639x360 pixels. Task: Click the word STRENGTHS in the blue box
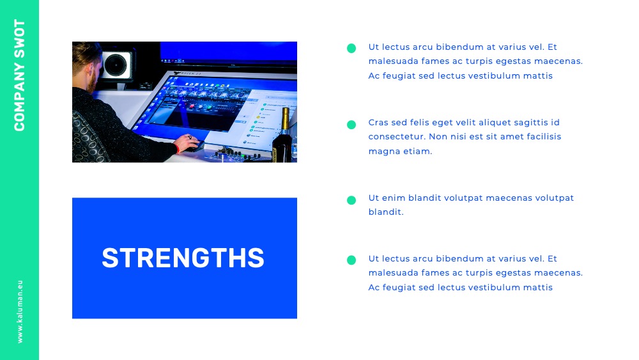[183, 258]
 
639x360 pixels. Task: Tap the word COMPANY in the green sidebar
[20, 97]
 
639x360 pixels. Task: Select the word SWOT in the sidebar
[20, 38]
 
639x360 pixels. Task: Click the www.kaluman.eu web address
[20, 311]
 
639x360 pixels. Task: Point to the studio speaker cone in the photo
[116, 65]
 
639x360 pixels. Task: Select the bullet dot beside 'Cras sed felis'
[351, 125]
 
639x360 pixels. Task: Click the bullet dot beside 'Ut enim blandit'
[351, 200]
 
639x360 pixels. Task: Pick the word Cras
[378, 122]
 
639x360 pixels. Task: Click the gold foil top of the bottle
[285, 118]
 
